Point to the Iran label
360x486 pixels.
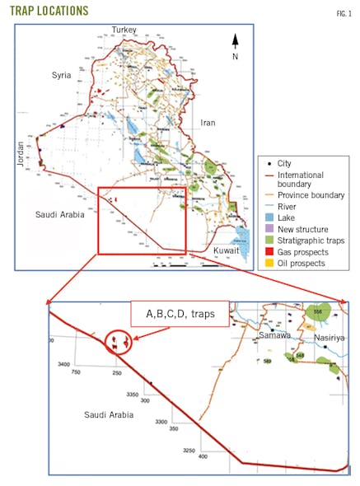208,123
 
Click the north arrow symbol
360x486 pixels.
235,43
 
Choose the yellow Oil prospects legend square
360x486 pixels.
261,264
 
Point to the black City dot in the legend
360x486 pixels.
261,163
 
